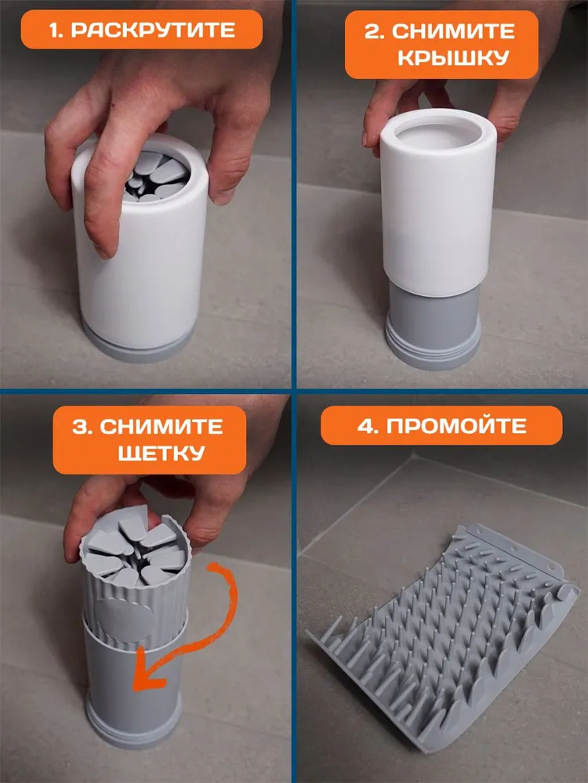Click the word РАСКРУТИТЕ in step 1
pos(153,30)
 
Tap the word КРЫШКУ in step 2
pos(453,59)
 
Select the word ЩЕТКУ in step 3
pos(161,453)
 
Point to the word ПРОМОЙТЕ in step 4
pos(456,426)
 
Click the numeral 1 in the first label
pos(55,30)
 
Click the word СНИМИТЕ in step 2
pos(453,31)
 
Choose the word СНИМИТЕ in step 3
pos(161,427)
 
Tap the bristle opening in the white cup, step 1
pos(156,175)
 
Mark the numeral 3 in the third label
pos(80,427)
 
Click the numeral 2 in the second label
pos(373,31)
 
